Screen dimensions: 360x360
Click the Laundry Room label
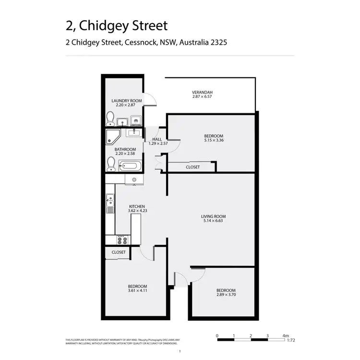click(124, 100)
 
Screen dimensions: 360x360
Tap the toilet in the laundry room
click(110, 118)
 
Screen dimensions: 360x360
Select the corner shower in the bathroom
click(113, 136)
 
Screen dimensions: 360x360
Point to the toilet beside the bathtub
click(111, 164)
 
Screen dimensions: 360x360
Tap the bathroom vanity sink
click(134, 132)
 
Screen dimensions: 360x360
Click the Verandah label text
click(202, 92)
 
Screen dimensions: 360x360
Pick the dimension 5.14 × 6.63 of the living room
click(212, 221)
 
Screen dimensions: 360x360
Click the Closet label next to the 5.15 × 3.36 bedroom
click(192, 167)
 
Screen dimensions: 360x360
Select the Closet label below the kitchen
click(119, 252)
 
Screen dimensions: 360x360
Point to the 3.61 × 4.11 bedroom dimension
click(137, 290)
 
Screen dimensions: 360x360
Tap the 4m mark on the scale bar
click(286, 336)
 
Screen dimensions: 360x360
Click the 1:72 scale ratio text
click(290, 340)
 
